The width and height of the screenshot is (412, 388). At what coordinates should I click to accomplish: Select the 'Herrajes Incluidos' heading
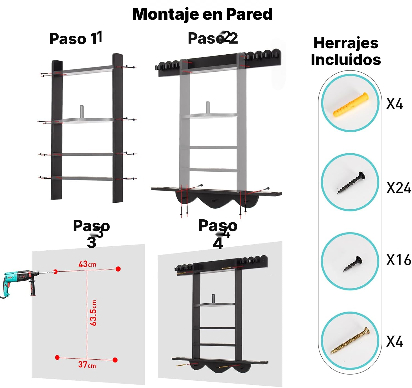coord(346,51)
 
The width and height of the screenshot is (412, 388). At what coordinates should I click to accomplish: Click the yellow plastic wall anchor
coord(350,104)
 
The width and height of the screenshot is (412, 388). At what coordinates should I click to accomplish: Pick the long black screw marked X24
coord(351,183)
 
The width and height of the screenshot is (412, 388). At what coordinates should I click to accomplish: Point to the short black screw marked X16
coord(352,264)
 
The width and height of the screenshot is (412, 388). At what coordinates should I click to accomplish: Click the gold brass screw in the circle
coord(350,340)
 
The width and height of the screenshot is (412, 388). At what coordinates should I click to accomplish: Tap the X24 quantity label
coord(399,188)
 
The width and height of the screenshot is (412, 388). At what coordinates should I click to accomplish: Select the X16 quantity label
coord(399,260)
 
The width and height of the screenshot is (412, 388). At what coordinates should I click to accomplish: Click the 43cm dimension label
coord(87,264)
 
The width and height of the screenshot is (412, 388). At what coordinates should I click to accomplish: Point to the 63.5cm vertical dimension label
coord(93,313)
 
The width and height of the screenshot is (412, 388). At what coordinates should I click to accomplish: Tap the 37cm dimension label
coord(87,364)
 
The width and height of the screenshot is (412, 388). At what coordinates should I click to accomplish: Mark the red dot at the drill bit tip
coord(55,271)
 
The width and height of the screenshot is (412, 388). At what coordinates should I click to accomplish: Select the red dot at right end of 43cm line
coord(118,269)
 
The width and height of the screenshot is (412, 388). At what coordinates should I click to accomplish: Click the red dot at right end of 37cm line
coord(115,360)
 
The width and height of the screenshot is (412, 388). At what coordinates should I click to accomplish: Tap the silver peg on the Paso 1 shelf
coord(82,112)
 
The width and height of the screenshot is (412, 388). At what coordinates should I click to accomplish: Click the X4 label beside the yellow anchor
coord(394,104)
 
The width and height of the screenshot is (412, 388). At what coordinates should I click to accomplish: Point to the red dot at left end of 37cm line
coord(57,357)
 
